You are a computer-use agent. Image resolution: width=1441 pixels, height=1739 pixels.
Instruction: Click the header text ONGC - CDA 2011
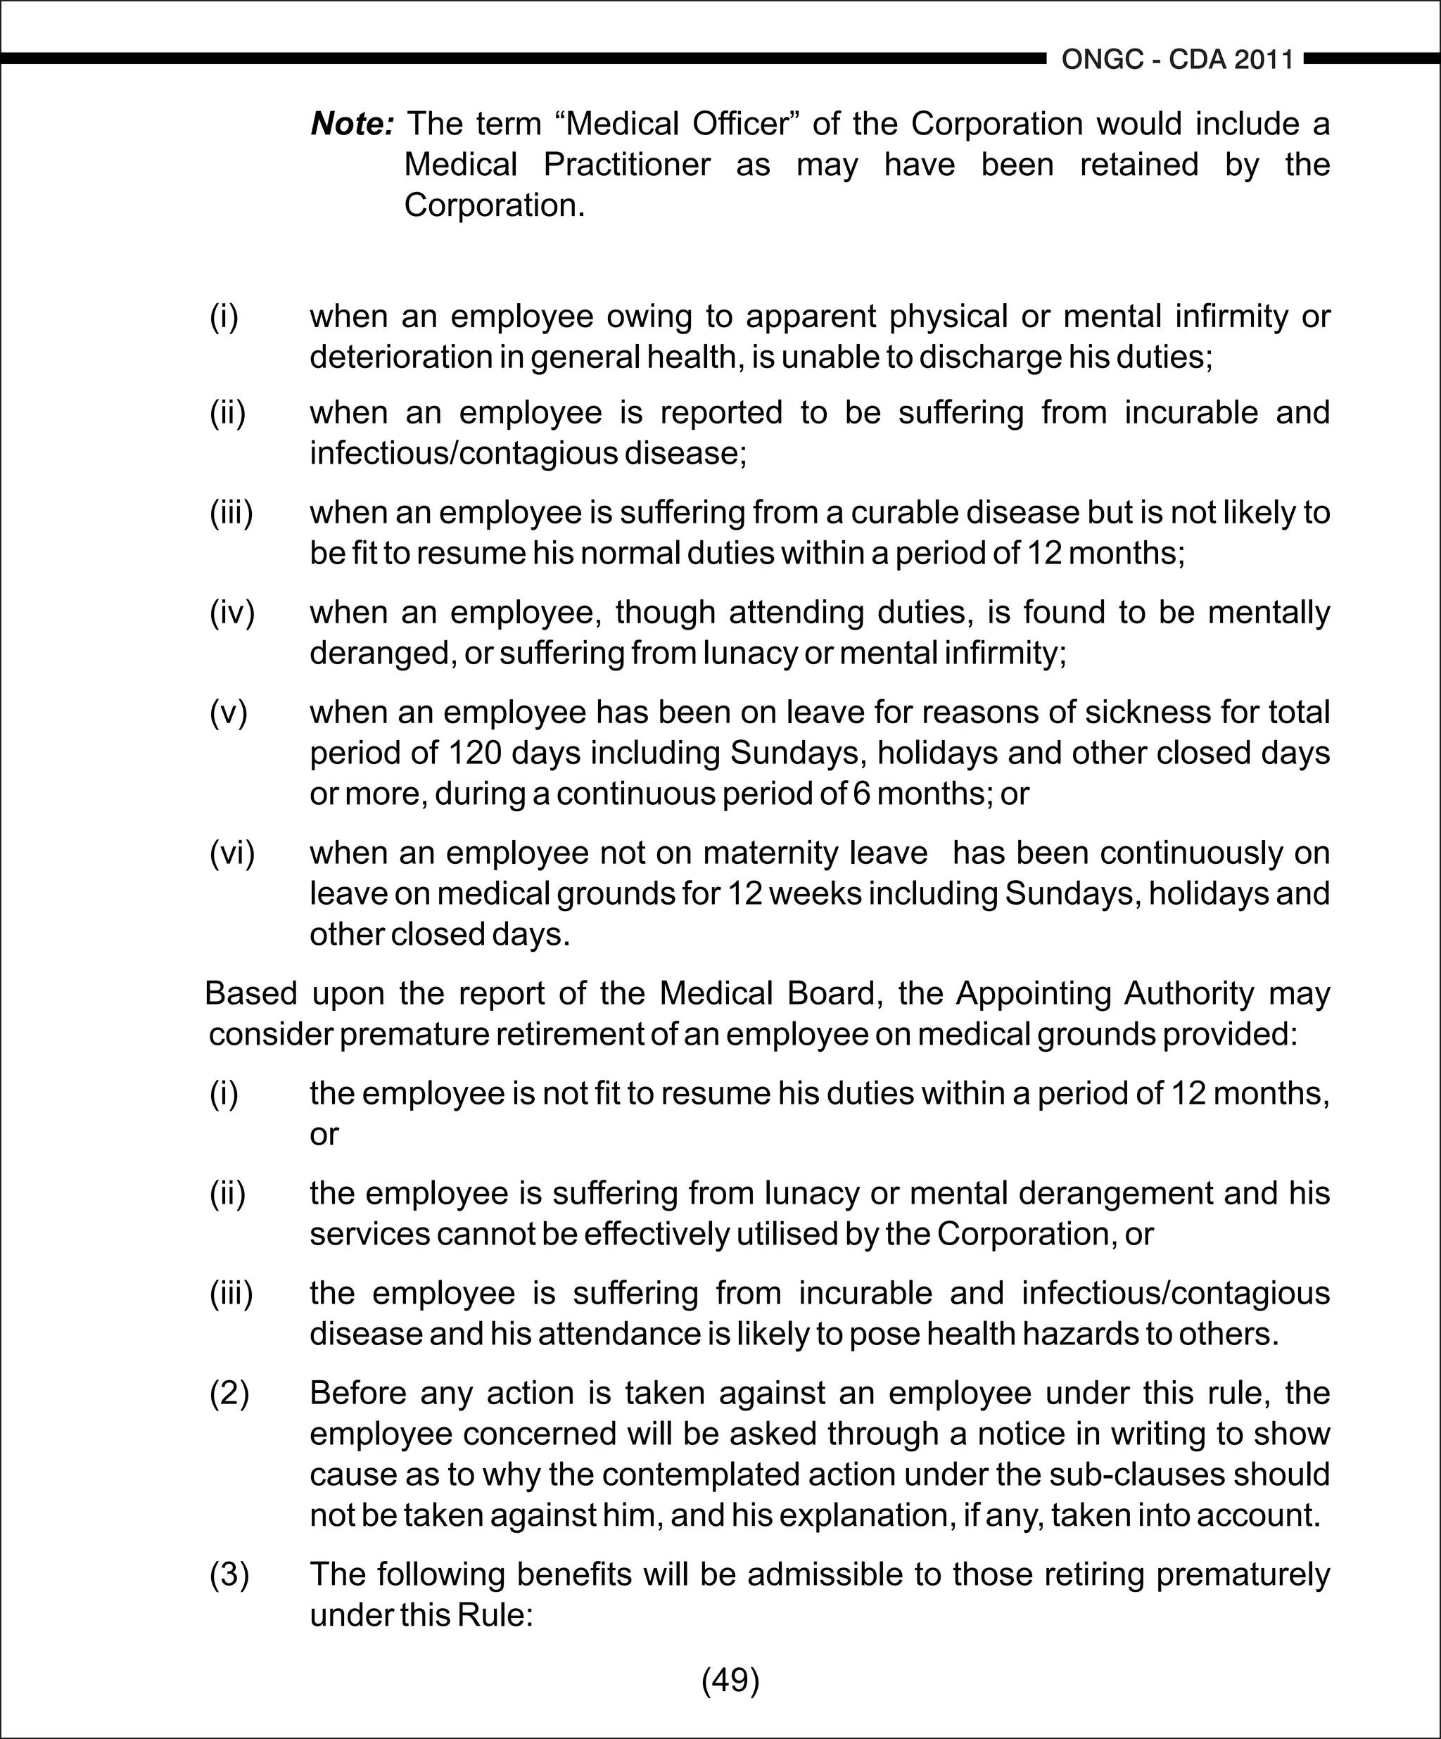click(x=1177, y=60)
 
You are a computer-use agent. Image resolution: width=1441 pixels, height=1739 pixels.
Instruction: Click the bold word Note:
click(x=352, y=125)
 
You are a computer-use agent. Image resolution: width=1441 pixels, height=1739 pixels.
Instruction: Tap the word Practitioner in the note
click(x=627, y=165)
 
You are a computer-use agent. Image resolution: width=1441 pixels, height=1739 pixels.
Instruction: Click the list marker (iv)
click(x=232, y=613)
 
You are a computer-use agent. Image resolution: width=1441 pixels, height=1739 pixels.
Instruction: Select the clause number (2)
click(x=229, y=1393)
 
